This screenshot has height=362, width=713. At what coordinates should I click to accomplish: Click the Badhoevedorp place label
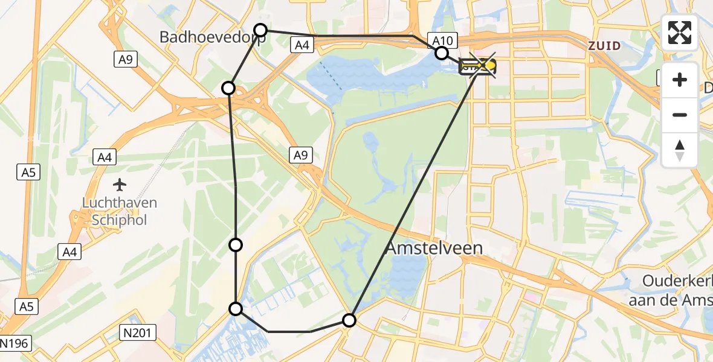[x=204, y=37]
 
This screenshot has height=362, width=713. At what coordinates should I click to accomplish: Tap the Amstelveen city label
[x=434, y=248]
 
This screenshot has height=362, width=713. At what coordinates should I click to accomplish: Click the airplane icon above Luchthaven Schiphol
[x=120, y=183]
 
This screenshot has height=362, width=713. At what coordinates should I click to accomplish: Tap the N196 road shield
[x=13, y=344]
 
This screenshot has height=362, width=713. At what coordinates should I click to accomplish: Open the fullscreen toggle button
[x=680, y=33]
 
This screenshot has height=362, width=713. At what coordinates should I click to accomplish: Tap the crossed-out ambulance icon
[x=478, y=66]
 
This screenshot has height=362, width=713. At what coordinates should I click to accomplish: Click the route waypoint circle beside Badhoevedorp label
[x=260, y=30]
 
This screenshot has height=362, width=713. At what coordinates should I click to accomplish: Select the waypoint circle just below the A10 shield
[x=442, y=53]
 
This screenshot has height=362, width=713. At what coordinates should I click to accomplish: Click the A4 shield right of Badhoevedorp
[x=300, y=44]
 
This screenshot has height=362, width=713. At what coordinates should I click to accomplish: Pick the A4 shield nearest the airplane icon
[x=105, y=157]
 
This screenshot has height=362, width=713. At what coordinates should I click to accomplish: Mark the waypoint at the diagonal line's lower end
[x=349, y=320]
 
